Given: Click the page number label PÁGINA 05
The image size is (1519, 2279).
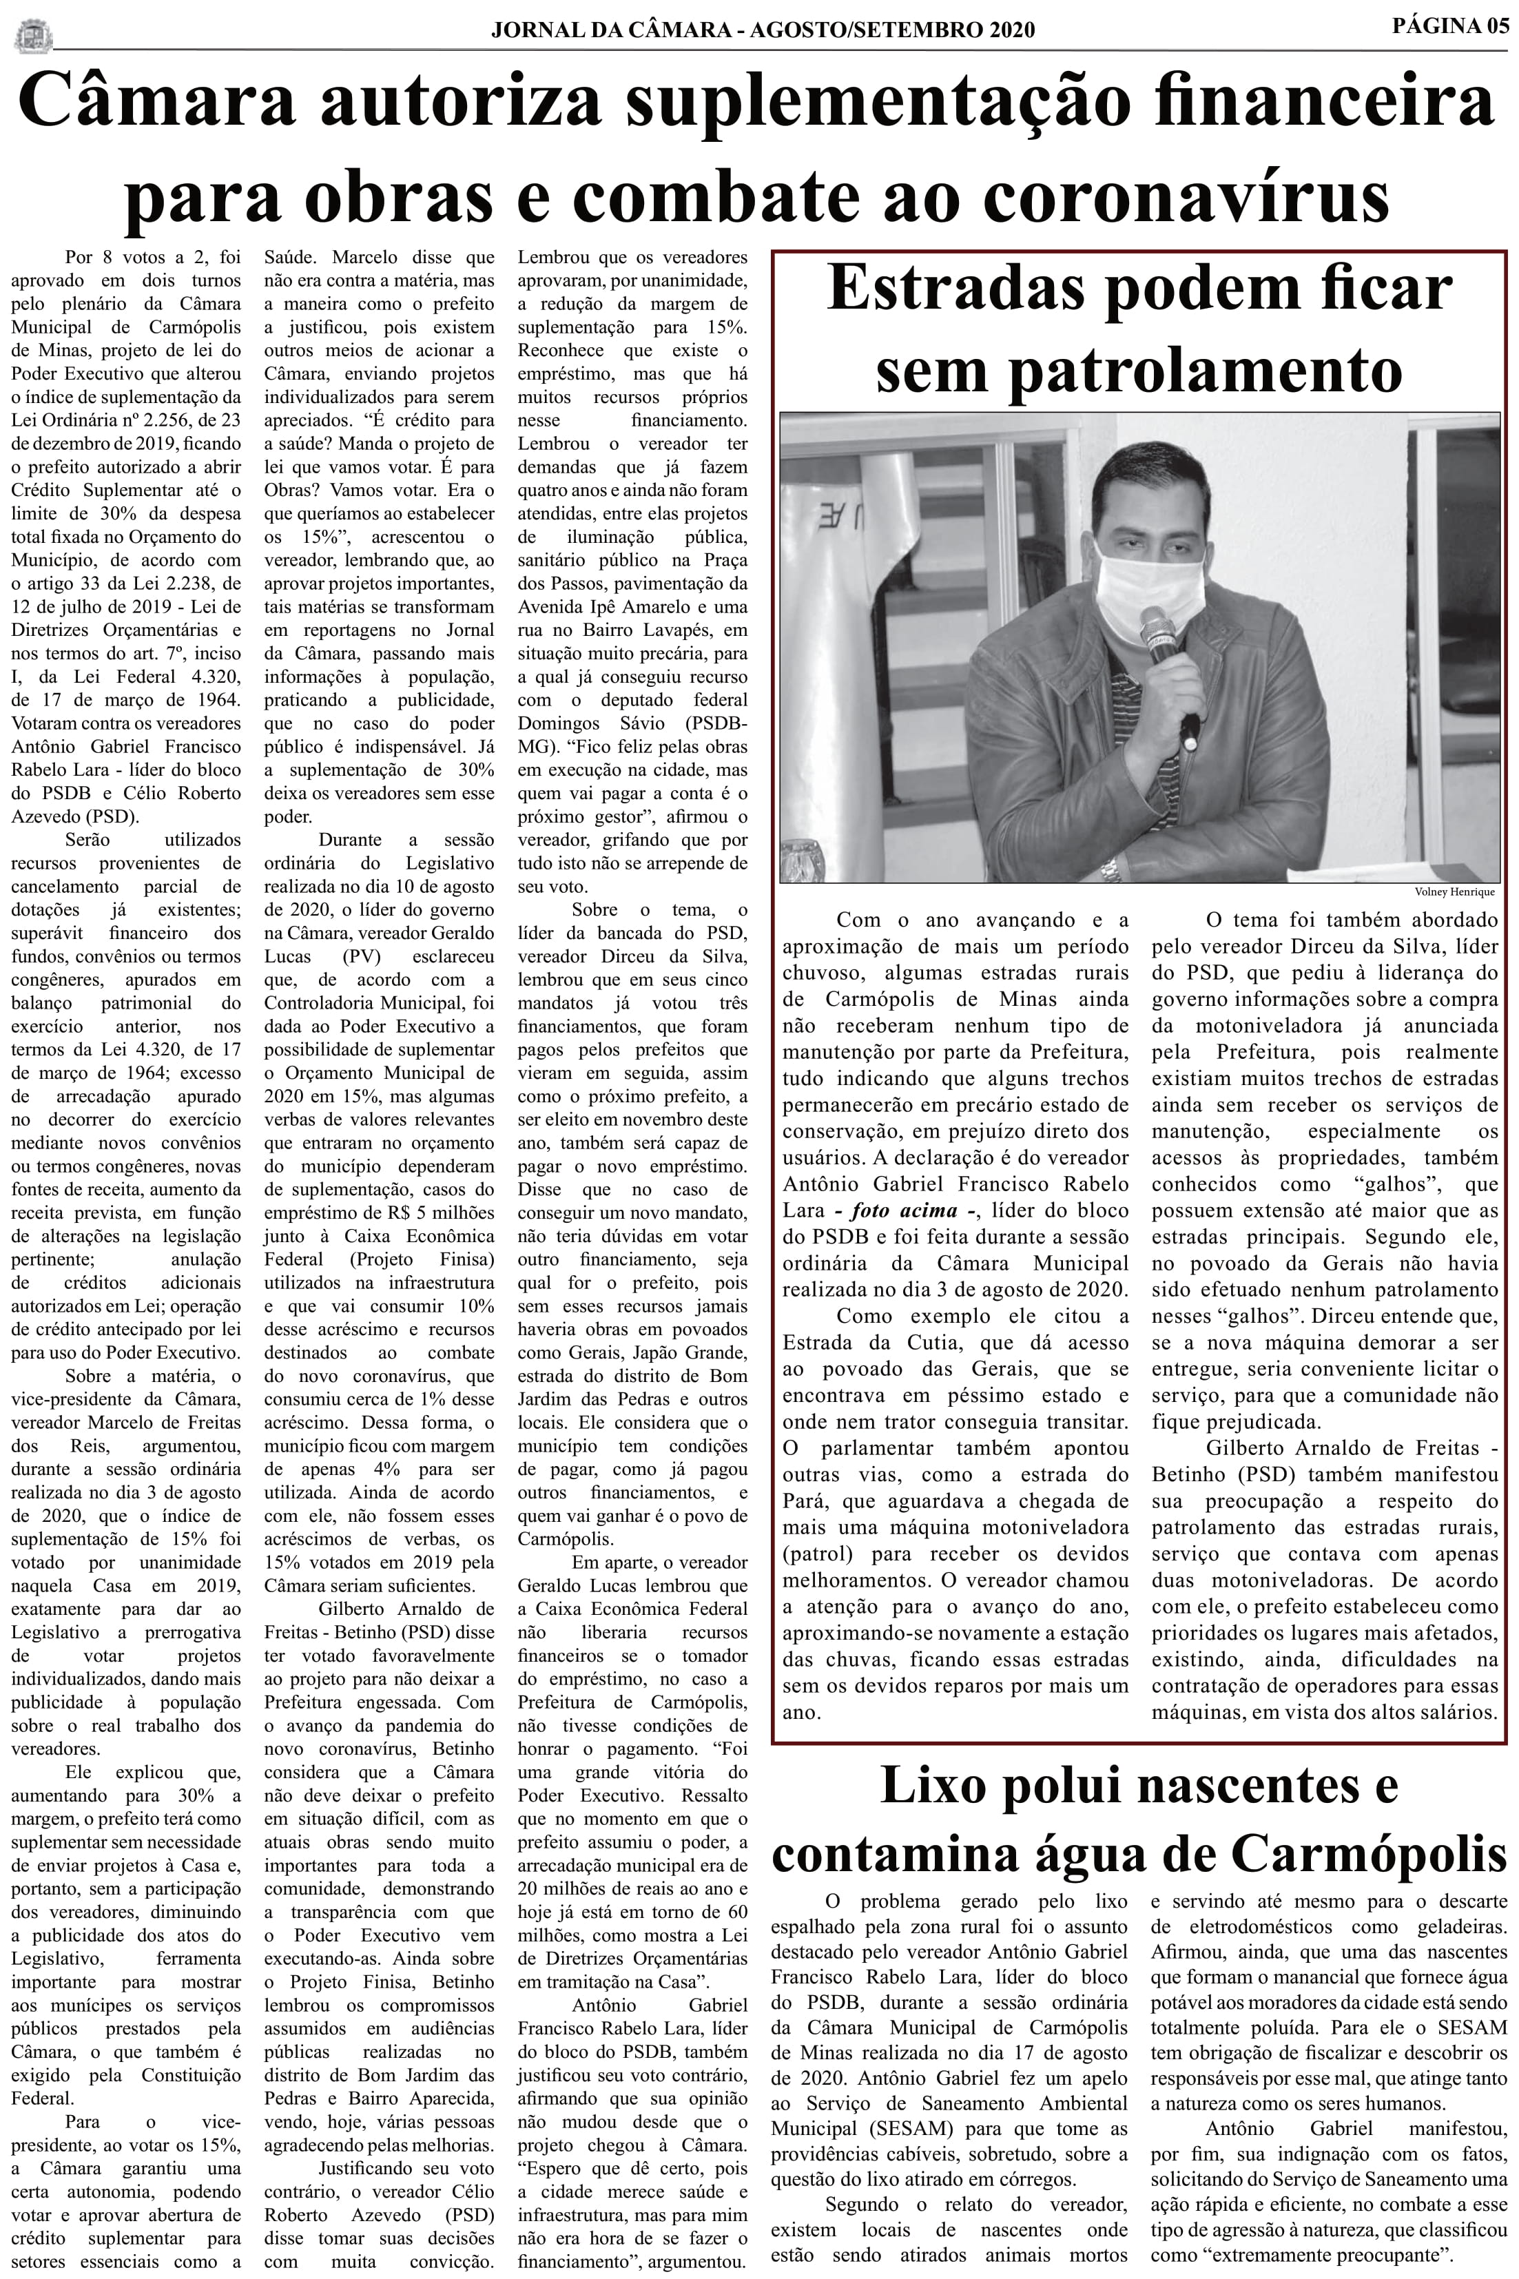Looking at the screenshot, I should pyautogui.click(x=1449, y=25).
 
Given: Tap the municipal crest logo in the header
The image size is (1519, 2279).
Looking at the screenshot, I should pyautogui.click(x=34, y=37).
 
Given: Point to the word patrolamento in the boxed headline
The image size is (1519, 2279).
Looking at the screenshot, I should pyautogui.click(x=1206, y=369).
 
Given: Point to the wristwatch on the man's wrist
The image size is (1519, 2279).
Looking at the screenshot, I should pyautogui.click(x=1112, y=868).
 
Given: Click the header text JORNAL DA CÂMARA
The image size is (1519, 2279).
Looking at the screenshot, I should pyautogui.click(x=610, y=30).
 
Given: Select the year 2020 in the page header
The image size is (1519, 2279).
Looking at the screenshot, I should pyautogui.click(x=1011, y=30).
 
